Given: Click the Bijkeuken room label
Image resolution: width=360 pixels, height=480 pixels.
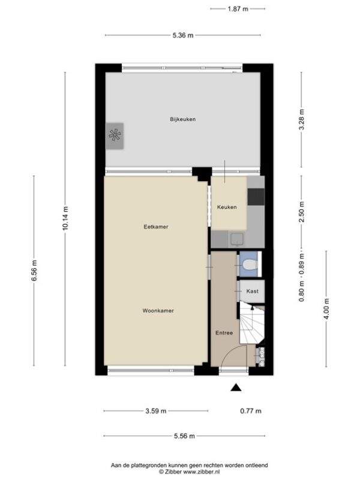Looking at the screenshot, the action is pos(183,119).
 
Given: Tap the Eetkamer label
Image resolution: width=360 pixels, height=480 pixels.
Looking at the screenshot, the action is pos(156,227).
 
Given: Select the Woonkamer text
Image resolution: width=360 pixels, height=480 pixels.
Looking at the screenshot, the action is pos(158,311).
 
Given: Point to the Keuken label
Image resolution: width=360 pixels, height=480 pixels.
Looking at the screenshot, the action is pos(227,207).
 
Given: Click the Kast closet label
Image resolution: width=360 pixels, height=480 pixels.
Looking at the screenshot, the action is pos(252,291).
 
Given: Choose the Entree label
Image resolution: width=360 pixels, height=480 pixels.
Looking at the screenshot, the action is pos(224,333).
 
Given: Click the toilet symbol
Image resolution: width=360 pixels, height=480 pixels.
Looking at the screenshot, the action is pos(248,265).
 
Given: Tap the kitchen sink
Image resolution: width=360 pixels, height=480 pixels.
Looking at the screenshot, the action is pos(237,239).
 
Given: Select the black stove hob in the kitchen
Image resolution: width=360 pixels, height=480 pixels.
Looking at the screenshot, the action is pos(256,197).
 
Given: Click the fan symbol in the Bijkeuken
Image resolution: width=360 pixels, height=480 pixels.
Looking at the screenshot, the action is pos(115,136).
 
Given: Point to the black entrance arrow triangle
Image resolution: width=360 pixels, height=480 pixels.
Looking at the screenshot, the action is pos(236,388).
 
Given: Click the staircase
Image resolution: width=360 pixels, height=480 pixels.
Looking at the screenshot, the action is pos(251,322).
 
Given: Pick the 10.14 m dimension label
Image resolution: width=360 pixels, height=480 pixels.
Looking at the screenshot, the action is pos(65,219).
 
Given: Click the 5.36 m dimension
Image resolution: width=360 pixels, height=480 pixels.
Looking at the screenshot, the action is pos(183,35).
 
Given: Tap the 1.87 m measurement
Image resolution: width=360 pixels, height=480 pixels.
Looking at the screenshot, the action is pos(238,9).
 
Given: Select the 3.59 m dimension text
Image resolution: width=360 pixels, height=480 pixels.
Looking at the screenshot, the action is pos(156,411).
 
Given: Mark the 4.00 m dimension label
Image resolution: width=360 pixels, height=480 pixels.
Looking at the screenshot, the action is pos(326,308).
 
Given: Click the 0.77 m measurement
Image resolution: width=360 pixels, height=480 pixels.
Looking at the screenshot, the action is pos(251,411).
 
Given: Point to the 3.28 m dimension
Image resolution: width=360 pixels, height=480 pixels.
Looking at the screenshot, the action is pos(302,119).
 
